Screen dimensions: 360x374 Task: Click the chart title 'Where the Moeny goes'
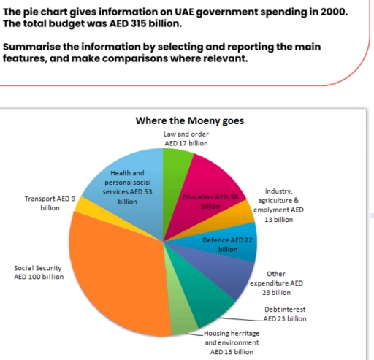coord(190,120)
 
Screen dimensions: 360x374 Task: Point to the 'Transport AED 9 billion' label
coord(50,203)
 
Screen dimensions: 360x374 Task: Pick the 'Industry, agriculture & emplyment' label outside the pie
coord(278,204)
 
